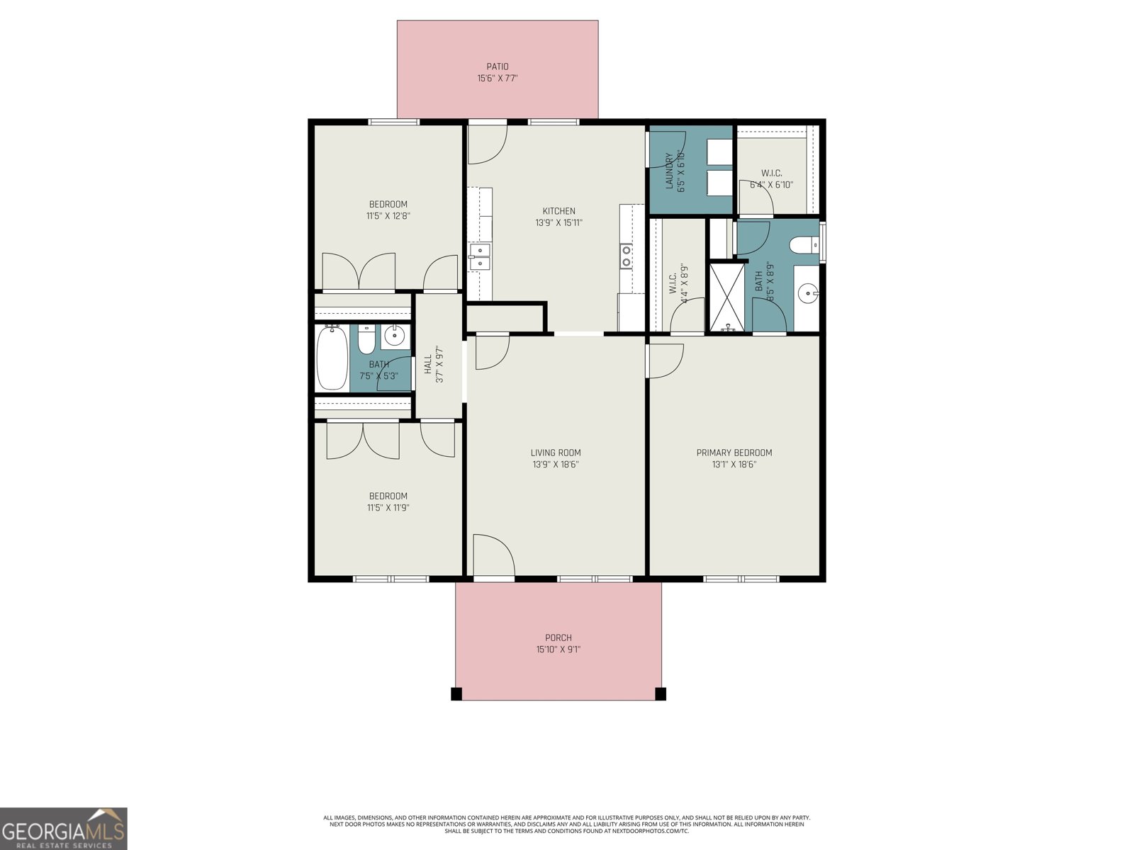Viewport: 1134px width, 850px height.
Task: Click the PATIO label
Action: [497, 67]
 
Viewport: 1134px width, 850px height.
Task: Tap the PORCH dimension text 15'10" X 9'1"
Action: [558, 650]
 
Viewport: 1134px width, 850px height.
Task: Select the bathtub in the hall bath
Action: [332, 358]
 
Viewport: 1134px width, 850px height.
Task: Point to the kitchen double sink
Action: [481, 256]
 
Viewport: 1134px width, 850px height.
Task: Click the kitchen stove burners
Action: [627, 256]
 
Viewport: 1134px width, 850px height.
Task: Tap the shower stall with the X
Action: [728, 297]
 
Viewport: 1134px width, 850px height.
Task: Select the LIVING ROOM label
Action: [556, 453]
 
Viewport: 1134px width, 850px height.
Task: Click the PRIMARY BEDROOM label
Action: [734, 453]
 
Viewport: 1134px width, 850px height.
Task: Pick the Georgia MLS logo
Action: [64, 829]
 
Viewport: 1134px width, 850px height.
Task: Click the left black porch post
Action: [456, 693]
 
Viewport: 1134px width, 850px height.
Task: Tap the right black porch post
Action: [661, 693]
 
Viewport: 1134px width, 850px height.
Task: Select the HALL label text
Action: [428, 365]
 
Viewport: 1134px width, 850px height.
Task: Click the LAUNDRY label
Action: [668, 171]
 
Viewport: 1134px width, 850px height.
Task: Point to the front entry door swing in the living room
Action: [493, 556]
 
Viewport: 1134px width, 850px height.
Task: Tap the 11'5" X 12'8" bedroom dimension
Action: [388, 216]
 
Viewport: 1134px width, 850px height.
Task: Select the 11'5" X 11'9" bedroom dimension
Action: [388, 508]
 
